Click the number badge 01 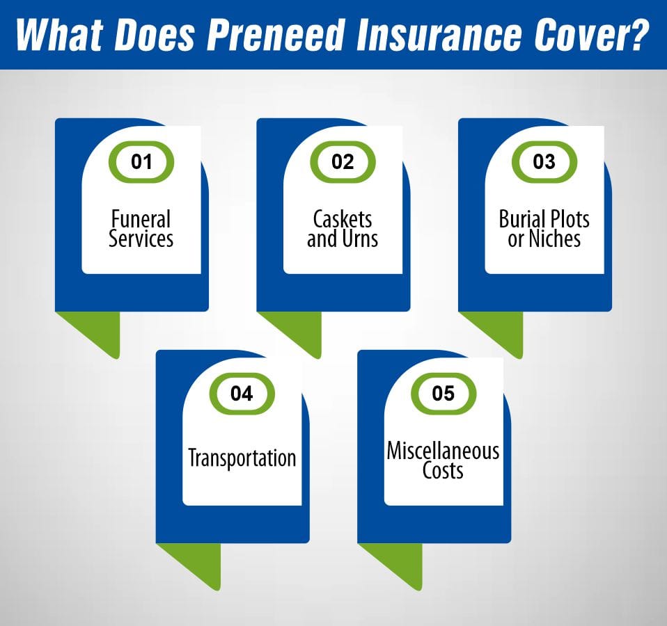pos(141,162)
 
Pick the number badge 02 pos(343,162)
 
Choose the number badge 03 pos(544,162)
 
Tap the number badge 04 pos(242,394)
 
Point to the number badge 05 pos(443,394)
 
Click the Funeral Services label pos(141,230)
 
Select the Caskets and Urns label pos(343,230)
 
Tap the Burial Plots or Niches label pos(544,230)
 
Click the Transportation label pos(242,458)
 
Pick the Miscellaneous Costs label pos(443,460)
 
